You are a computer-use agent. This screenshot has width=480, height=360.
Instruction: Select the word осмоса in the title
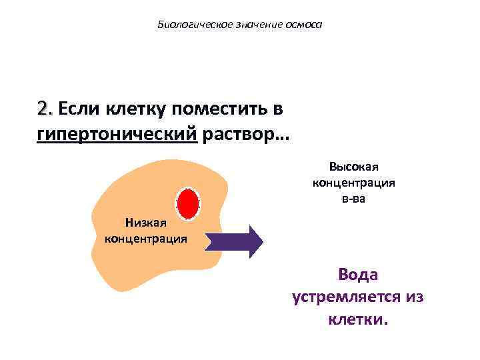(303, 25)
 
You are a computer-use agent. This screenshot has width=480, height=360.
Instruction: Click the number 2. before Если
(46, 108)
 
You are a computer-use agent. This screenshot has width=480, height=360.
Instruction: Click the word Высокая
(354, 167)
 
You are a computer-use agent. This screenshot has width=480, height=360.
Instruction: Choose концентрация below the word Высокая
(354, 183)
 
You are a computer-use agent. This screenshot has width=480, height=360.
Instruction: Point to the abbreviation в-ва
(354, 198)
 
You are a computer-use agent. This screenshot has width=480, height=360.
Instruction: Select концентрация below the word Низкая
(146, 238)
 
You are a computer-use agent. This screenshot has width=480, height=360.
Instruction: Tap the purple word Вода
(358, 275)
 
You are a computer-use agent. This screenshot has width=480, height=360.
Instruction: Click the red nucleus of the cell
(188, 203)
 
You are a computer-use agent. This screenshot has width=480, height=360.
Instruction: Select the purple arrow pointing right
(233, 241)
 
